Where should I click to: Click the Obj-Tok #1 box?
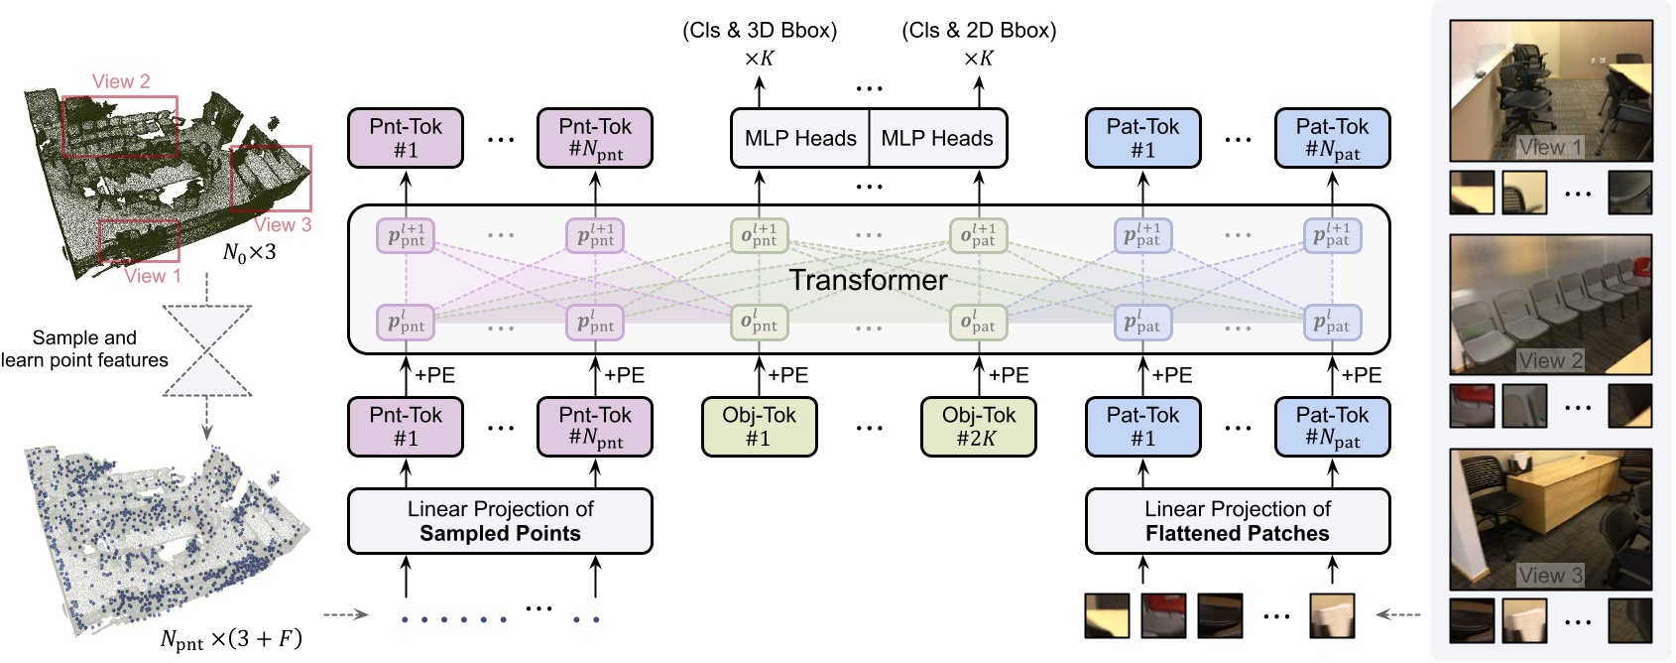(759, 427)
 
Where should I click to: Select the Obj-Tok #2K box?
(978, 427)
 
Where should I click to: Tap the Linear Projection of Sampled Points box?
(500, 521)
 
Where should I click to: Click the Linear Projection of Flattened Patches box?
(1237, 521)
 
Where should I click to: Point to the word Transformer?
(868, 280)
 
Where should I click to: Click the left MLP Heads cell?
(800, 138)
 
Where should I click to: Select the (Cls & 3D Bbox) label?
(760, 31)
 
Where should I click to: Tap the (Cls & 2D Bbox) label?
(979, 31)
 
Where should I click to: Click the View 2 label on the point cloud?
(121, 81)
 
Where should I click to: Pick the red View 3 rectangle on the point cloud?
(271, 179)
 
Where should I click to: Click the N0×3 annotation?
(249, 253)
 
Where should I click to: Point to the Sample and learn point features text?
(84, 348)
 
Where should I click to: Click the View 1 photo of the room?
(1550, 90)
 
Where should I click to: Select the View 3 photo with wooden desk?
(1550, 518)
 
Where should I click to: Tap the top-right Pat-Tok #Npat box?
(1331, 138)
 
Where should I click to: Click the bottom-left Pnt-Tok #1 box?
(405, 427)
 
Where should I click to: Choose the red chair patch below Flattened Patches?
(1163, 615)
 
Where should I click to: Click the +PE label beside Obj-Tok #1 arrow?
(789, 375)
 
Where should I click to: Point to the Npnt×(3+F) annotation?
(230, 639)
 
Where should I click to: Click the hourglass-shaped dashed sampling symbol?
(206, 351)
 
